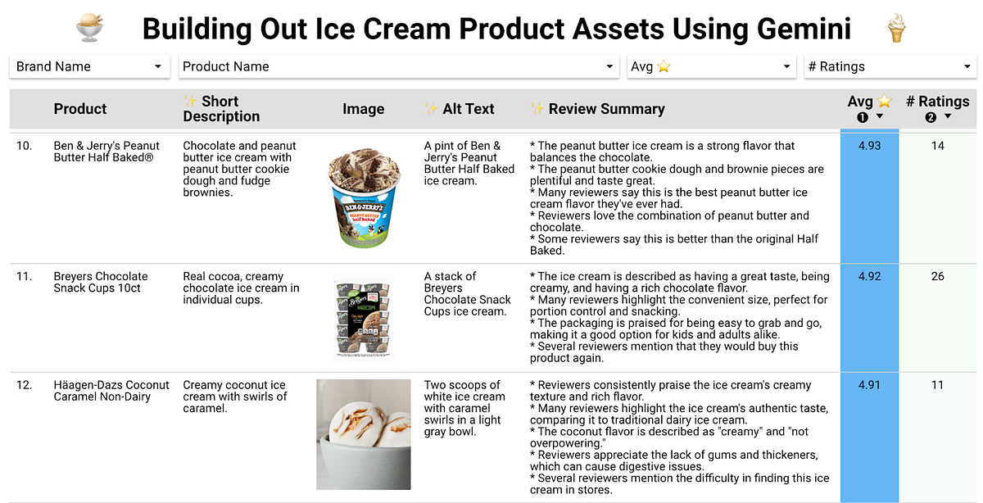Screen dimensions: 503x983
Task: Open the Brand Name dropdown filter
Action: tap(89, 66)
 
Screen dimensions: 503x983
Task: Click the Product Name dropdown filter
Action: tap(398, 66)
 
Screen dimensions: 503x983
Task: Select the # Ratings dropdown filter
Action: tap(890, 66)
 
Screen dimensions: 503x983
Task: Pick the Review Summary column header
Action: tap(606, 109)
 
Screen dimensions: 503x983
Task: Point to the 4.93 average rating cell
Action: tap(869, 146)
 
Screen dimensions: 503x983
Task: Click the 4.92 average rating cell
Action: tap(869, 276)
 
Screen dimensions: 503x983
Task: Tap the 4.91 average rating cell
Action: tap(869, 385)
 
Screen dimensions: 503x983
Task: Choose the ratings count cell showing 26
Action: tap(937, 276)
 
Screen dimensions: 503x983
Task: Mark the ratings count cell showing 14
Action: tap(937, 146)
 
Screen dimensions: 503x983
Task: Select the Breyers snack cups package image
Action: tap(364, 317)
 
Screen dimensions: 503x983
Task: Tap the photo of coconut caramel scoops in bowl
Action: tap(363, 434)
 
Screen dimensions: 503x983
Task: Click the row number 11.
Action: tap(25, 276)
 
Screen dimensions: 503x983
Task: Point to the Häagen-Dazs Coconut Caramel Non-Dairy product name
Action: tap(111, 391)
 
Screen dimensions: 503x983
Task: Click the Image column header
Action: tap(363, 109)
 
